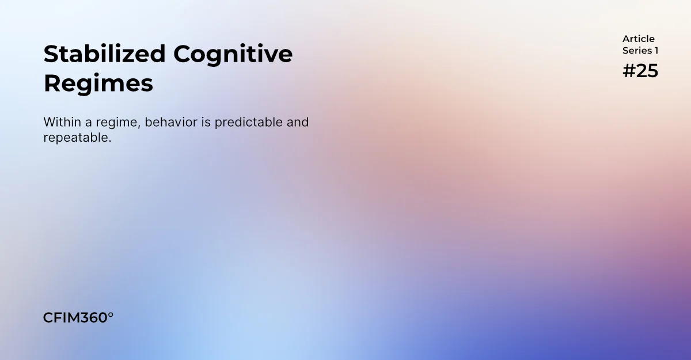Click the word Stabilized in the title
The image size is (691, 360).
point(105,54)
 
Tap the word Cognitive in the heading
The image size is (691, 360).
point(233,55)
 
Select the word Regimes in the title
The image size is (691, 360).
point(98,84)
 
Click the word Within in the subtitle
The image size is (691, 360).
point(62,122)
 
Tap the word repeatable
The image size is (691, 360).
point(77,138)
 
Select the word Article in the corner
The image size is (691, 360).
point(638,39)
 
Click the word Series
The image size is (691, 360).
point(637,51)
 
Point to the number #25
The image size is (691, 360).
point(640,71)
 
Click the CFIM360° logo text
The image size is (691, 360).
point(78,318)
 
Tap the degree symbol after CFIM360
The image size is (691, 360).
point(111,314)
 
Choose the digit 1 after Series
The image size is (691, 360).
point(656,51)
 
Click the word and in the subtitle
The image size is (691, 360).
point(297,122)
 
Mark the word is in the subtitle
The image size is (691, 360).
point(206,122)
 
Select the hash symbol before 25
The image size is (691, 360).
point(629,71)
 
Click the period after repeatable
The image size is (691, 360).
point(109,142)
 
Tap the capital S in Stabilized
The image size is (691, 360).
point(52,54)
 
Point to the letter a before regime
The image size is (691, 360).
point(89,123)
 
